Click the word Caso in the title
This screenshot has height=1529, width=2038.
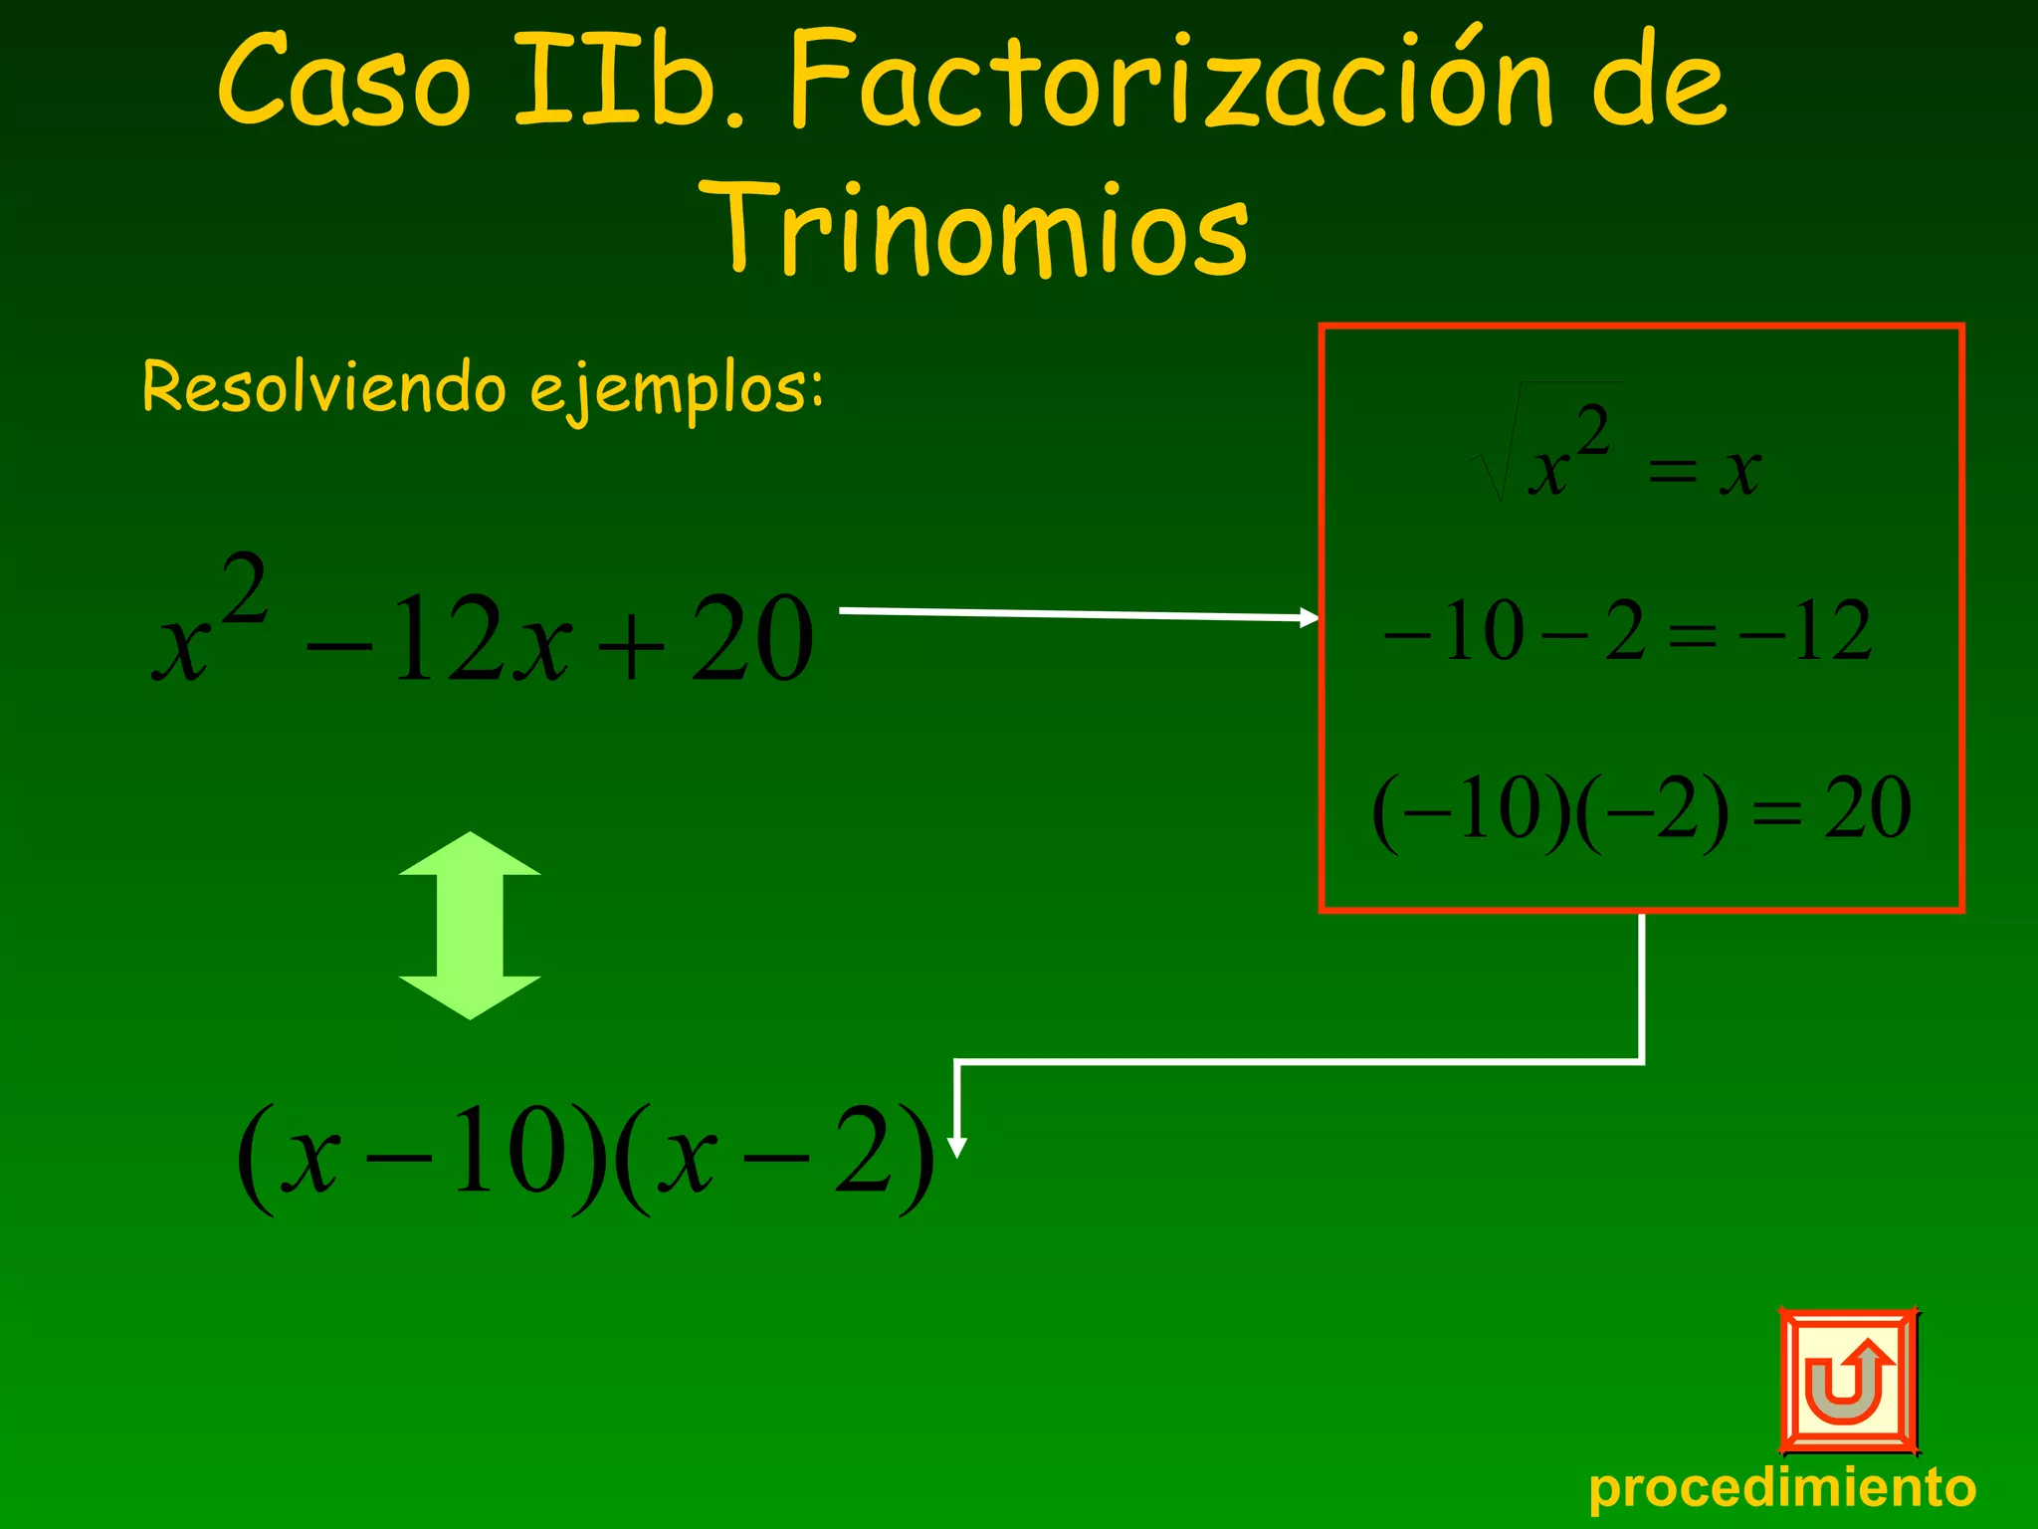[343, 82]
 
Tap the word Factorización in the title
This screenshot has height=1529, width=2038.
[1169, 82]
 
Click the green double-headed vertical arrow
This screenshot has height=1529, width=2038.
[470, 925]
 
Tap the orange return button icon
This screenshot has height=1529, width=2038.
[1848, 1381]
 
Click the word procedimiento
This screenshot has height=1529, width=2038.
[1781, 1488]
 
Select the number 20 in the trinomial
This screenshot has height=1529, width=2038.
[752, 637]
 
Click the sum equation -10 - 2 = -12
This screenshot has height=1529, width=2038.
[1628, 631]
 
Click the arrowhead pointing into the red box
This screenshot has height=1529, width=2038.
[1309, 617]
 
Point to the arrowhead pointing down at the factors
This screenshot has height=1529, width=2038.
[956, 1146]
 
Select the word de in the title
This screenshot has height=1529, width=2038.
[1658, 82]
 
